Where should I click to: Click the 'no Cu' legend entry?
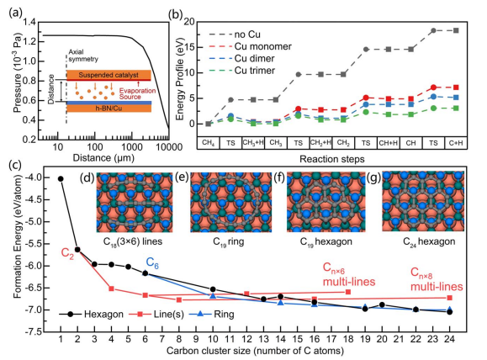pos(235,34)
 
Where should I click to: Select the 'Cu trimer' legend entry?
pos(242,71)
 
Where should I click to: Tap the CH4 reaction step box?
pos(209,143)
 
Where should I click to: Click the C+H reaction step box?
pos(456,143)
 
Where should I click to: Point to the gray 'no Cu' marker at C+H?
pos(456,30)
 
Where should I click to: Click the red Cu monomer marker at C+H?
pos(456,87)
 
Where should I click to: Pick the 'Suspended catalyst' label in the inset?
pos(109,75)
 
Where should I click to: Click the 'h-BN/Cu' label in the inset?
pos(109,109)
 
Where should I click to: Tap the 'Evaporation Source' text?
pos(137,93)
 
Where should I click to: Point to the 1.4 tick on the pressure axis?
pos(29,22)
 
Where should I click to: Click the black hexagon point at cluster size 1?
pos(61,178)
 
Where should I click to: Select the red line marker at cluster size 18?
pos(348,292)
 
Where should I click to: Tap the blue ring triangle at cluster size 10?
pos(213,296)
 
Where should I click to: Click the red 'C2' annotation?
pos(67,253)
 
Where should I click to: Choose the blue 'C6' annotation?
pos(152,263)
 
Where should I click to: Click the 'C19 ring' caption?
pos(228,241)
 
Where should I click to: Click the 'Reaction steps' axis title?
pos(332,159)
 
